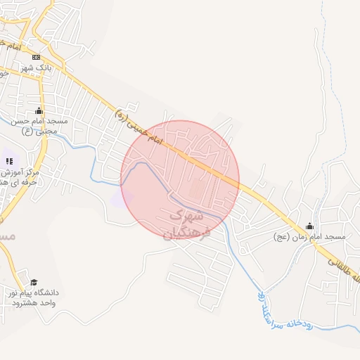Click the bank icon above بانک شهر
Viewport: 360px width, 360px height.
click(37, 57)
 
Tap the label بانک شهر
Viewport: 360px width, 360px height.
click(37, 67)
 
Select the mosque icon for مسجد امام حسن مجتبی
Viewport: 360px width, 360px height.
click(38, 111)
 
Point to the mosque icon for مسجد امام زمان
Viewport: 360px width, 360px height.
click(309, 226)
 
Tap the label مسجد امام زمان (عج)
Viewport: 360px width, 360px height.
click(310, 237)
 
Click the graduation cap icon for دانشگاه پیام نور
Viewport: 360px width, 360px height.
click(34, 282)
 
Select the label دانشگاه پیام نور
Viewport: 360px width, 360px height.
click(34, 292)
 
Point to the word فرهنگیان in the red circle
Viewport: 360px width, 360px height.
click(187, 232)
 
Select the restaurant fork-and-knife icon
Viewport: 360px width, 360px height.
click(9, 162)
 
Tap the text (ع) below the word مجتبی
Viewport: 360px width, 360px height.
click(27, 131)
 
